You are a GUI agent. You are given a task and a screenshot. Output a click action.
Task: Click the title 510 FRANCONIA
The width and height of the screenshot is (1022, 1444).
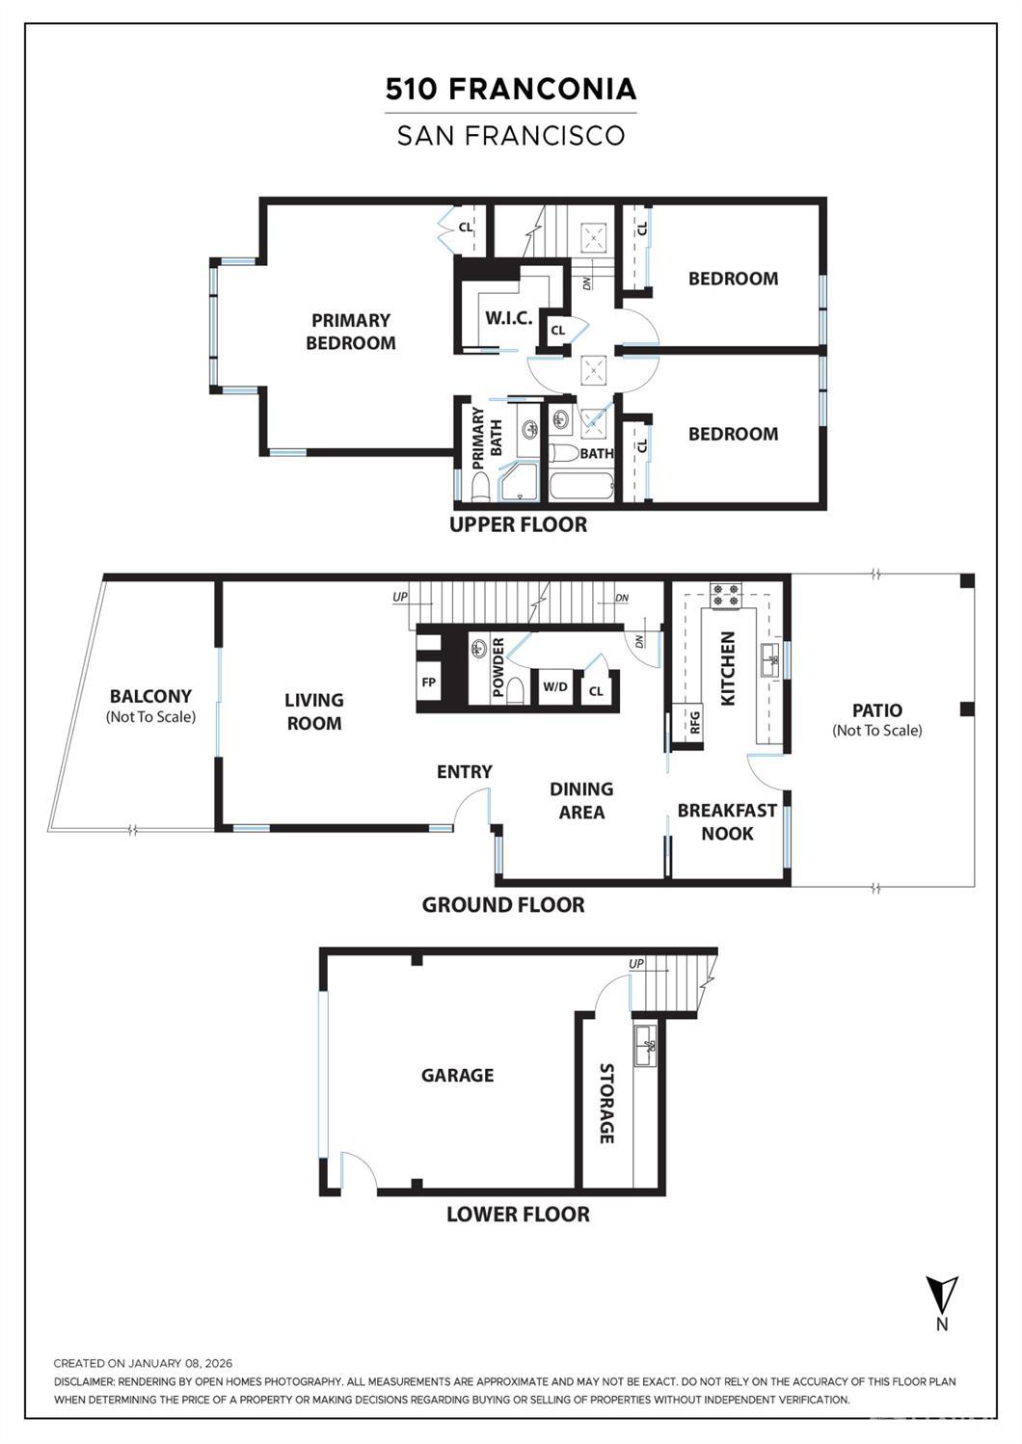click(x=511, y=89)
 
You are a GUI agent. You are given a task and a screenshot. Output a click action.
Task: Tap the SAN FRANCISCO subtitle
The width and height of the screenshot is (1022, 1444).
click(x=511, y=135)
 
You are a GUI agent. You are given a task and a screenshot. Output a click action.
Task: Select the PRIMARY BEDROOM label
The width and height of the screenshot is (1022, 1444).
click(x=350, y=332)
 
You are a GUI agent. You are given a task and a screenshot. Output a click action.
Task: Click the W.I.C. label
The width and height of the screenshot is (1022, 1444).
click(x=508, y=317)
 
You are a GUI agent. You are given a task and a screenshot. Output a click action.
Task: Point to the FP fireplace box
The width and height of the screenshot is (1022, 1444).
click(x=429, y=682)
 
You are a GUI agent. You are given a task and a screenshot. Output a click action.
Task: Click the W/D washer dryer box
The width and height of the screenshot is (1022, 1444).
click(x=555, y=687)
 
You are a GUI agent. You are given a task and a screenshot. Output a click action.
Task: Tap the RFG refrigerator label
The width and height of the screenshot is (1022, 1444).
click(x=694, y=722)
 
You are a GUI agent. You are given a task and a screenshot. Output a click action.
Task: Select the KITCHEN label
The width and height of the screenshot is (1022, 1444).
click(x=728, y=668)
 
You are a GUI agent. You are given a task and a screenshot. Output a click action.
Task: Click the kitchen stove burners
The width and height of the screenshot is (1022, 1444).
click(x=725, y=595)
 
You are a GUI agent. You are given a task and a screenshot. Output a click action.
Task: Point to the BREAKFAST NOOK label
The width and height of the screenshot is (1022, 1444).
click(x=726, y=821)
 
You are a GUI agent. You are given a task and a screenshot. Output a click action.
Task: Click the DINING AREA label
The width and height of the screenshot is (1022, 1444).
click(x=581, y=800)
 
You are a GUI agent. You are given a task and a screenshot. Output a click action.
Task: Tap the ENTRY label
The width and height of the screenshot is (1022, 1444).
click(x=464, y=771)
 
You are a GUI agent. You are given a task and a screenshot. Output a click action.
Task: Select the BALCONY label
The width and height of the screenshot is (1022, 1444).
click(x=150, y=696)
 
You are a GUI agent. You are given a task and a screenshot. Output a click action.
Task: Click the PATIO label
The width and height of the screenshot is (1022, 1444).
click(x=877, y=710)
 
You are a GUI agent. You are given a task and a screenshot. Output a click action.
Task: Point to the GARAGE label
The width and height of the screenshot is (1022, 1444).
click(x=457, y=1075)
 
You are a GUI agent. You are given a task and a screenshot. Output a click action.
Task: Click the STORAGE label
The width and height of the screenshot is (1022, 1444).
click(x=606, y=1104)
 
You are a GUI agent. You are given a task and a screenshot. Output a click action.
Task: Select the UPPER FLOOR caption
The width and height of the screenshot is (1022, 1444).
click(x=518, y=524)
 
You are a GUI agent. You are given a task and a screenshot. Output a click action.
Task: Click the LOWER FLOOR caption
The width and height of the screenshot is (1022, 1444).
click(x=518, y=1214)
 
